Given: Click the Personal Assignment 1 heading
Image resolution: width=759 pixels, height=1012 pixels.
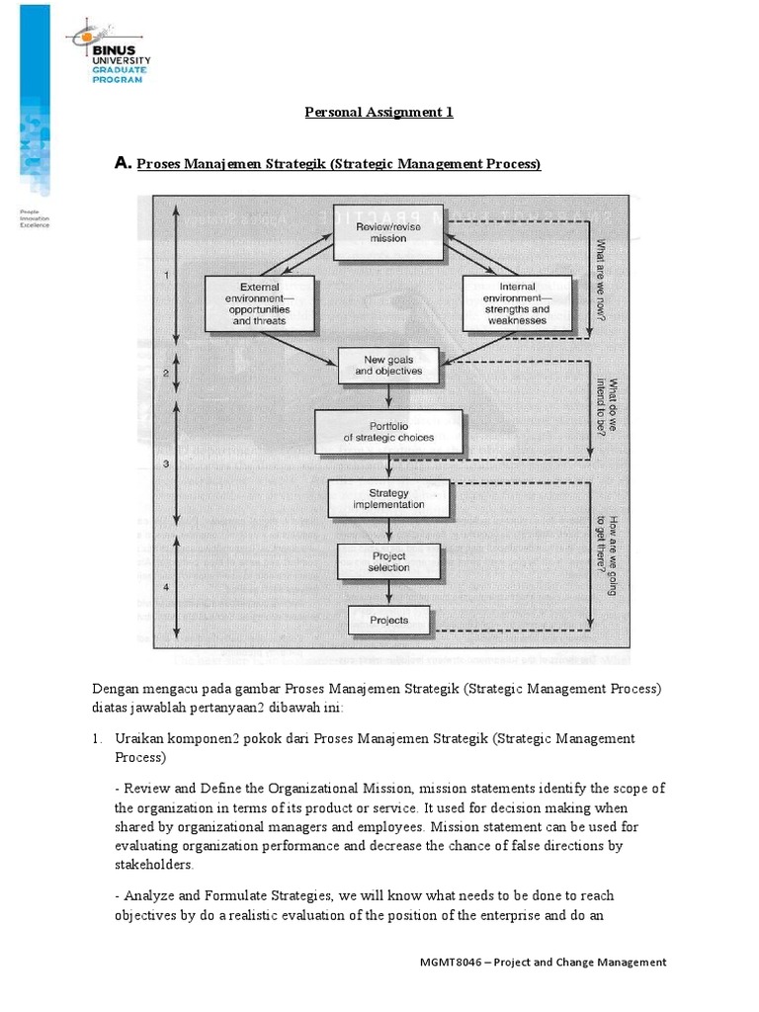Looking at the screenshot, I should click(x=379, y=112).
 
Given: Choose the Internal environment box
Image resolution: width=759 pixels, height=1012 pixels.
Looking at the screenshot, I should click(x=510, y=304).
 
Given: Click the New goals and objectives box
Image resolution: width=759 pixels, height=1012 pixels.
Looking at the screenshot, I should click(x=387, y=365).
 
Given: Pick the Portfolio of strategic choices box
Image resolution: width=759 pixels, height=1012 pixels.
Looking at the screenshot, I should click(x=387, y=431).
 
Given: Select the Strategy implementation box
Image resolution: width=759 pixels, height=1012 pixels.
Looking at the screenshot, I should click(x=388, y=498).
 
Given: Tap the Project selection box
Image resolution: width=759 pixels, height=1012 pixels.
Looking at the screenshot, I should click(x=388, y=561).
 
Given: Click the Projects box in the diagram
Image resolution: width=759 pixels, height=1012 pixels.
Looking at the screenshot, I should click(x=388, y=620).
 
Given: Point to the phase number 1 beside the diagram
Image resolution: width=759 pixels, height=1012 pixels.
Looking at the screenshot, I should click(x=167, y=276).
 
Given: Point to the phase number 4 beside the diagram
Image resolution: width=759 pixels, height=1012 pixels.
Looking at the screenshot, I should click(x=166, y=587).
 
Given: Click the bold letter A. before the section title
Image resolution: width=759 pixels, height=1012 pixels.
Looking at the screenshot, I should click(x=124, y=163).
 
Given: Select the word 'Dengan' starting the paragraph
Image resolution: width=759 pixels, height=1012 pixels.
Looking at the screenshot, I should click(x=116, y=688).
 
